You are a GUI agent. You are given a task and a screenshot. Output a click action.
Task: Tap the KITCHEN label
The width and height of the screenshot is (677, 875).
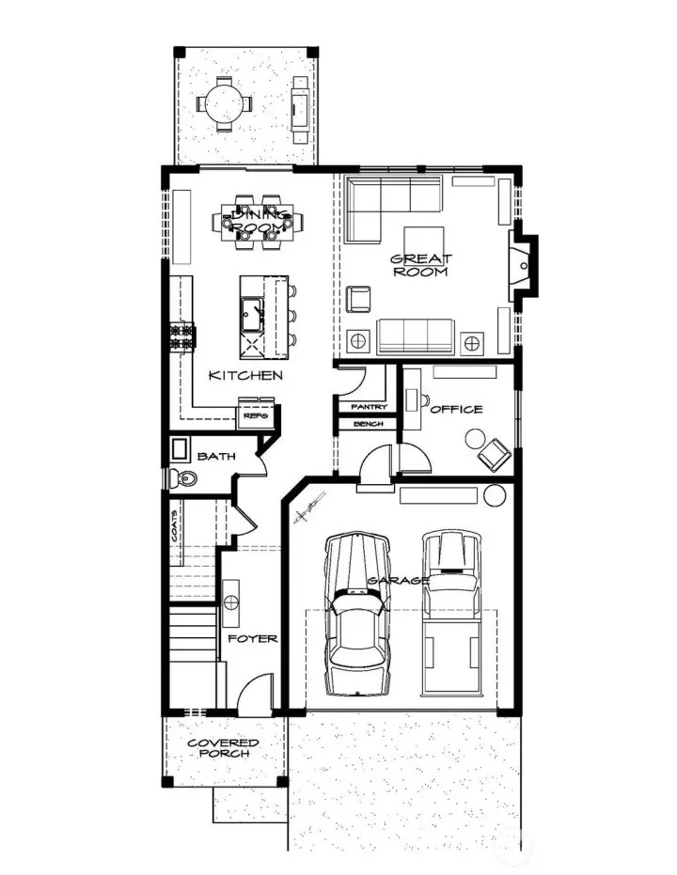(x=245, y=375)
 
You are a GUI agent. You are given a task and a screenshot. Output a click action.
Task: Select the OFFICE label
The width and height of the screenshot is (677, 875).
(x=456, y=409)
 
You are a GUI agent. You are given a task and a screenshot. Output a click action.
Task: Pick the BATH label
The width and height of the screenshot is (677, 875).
(x=216, y=457)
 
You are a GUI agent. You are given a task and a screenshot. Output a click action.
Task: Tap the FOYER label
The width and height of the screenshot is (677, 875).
(x=253, y=638)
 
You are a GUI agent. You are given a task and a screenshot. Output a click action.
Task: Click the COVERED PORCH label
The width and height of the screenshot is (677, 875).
(x=223, y=748)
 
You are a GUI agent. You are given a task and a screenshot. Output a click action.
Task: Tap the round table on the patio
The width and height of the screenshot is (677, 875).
(x=224, y=102)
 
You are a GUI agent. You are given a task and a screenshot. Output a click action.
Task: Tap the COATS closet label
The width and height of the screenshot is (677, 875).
(x=176, y=535)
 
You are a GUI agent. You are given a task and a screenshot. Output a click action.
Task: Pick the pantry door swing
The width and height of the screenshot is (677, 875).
(x=352, y=381)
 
